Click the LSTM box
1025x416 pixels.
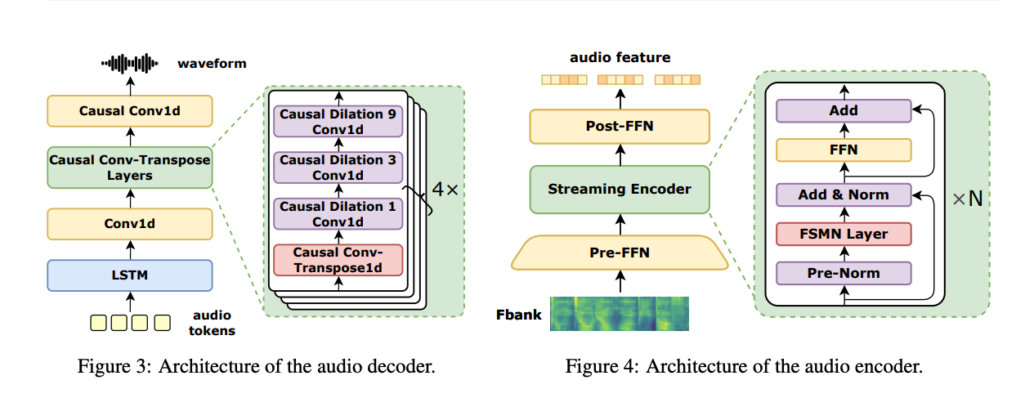pyautogui.click(x=130, y=275)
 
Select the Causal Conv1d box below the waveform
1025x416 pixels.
pyautogui.click(x=130, y=111)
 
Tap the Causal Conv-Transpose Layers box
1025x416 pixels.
pyautogui.click(x=130, y=168)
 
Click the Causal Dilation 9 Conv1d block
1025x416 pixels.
pyautogui.click(x=338, y=122)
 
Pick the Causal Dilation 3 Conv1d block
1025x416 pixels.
pyautogui.click(x=338, y=168)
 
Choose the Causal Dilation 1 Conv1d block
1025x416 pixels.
pyautogui.click(x=338, y=214)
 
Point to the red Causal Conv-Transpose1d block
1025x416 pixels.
pyautogui.click(x=338, y=260)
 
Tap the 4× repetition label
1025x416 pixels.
pyautogui.click(x=445, y=189)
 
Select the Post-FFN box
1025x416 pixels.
pyautogui.click(x=619, y=127)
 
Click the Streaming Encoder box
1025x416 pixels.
pyautogui.click(x=619, y=190)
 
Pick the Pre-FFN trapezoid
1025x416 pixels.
pyautogui.click(x=619, y=253)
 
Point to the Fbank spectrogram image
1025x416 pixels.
pyautogui.click(x=619, y=314)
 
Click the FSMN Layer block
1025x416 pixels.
pyautogui.click(x=844, y=234)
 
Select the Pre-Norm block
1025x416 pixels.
pyautogui.click(x=844, y=273)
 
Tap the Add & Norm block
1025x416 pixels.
pyautogui.click(x=844, y=195)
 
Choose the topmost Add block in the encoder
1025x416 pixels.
pyautogui.click(x=844, y=110)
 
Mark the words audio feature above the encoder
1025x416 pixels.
pyautogui.click(x=620, y=58)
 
